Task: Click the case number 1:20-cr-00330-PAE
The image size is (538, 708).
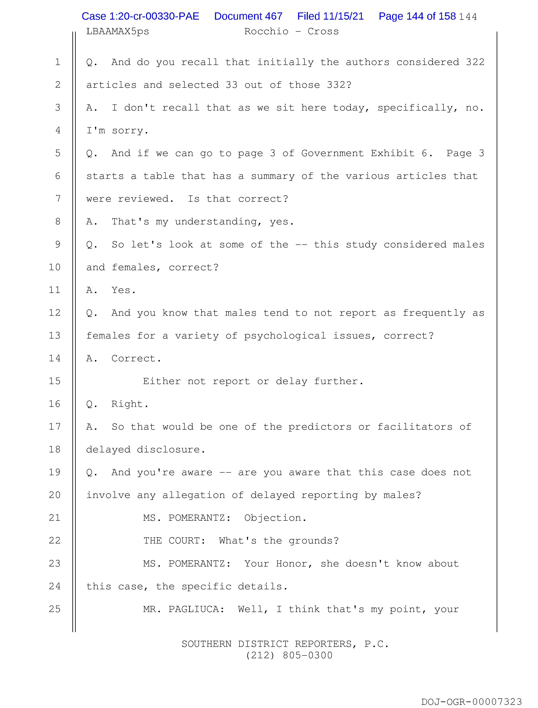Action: pyautogui.click(x=140, y=16)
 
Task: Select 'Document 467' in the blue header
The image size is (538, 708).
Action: pyautogui.click(x=248, y=16)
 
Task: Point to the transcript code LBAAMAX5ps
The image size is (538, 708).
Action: pyautogui.click(x=118, y=31)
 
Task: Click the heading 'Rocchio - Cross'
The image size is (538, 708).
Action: pyautogui.click(x=291, y=31)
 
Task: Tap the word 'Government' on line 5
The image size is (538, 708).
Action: pyautogui.click(x=333, y=153)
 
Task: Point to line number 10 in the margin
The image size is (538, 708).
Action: pyautogui.click(x=55, y=267)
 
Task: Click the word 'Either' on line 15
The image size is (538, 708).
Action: pyautogui.click(x=162, y=381)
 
